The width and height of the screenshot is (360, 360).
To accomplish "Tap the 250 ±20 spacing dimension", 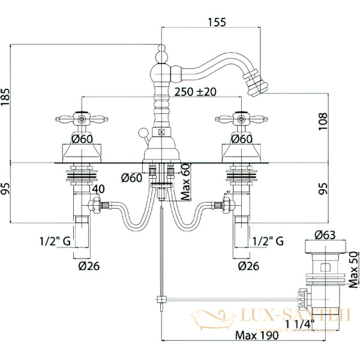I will pyautogui.click(x=196, y=92).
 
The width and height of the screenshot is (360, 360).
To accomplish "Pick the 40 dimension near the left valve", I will pyautogui.click(x=98, y=188).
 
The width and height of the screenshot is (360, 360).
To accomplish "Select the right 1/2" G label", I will pyautogui.click(x=267, y=241).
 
